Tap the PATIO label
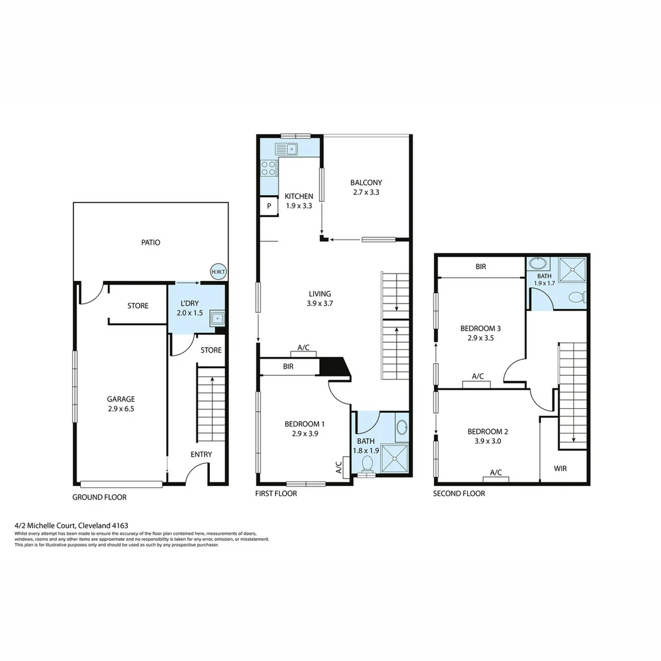pos(151,242)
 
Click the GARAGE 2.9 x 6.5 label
pos(121,403)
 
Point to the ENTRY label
pos(201,454)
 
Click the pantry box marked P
pos(269,206)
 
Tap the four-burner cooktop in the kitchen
pos(269,168)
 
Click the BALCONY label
pos(366,187)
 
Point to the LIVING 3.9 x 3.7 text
pos(323,298)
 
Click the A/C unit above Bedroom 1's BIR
pos(304,353)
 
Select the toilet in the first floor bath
pos(367,463)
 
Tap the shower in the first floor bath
pos(395,458)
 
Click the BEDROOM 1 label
pos(304,428)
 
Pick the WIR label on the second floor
pos(560,469)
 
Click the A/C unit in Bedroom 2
pos(496,478)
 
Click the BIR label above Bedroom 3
pos(481,267)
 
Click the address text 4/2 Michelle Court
pos(71,525)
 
